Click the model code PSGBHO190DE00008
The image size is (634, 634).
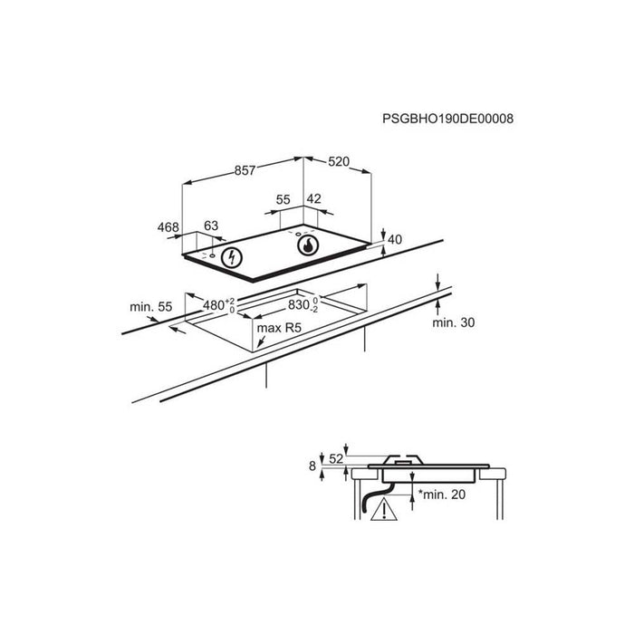point(447,119)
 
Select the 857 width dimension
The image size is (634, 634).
point(245,170)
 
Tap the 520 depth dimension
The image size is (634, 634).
point(339,162)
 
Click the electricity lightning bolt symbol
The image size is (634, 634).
point(232,257)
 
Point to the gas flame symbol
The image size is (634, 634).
point(308,245)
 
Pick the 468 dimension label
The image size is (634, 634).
point(168,227)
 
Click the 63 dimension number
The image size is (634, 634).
point(211,226)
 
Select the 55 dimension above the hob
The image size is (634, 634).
point(283,200)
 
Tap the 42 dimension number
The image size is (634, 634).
point(314,199)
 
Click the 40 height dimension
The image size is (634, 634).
point(395,240)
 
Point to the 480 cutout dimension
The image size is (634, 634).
point(218,305)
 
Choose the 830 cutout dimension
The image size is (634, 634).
point(303,304)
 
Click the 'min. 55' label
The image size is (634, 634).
point(151,307)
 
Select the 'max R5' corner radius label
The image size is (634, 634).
point(279,328)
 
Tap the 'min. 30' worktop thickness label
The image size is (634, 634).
point(454,322)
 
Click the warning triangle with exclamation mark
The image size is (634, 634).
point(384,509)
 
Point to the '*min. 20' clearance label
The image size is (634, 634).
point(442,495)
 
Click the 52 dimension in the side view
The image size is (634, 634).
point(336,459)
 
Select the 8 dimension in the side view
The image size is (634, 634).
point(312,466)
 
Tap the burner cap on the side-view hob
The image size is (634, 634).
point(404,460)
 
